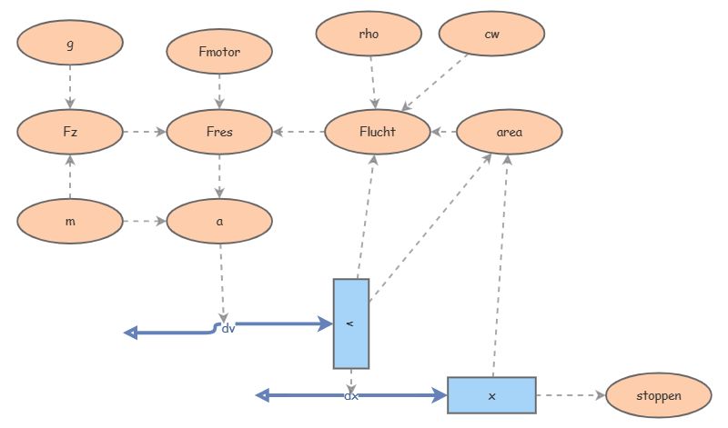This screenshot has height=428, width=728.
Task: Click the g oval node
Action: tap(70, 45)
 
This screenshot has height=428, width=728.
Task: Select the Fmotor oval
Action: tap(219, 52)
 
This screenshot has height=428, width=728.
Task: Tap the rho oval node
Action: tap(369, 34)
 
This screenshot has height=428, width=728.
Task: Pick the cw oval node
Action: tap(491, 34)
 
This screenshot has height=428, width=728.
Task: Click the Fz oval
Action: tap(70, 132)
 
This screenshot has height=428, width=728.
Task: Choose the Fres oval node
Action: tap(219, 132)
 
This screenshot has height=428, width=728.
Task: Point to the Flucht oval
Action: tap(377, 132)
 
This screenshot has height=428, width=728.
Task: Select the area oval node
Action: tap(509, 132)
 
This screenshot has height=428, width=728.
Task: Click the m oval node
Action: tap(70, 221)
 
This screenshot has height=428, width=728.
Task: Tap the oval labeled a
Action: tap(219, 221)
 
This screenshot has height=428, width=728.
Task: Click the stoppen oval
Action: tap(658, 395)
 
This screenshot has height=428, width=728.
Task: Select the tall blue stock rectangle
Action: tap(351, 323)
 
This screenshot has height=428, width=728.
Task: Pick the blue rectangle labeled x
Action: tap(491, 395)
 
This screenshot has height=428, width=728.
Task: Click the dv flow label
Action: tap(228, 328)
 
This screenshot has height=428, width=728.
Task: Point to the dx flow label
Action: tap(351, 396)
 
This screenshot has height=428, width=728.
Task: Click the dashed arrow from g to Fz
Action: tap(70, 88)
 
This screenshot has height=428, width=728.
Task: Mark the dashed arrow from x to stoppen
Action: tap(571, 395)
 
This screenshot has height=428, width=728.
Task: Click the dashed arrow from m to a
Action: tap(144, 221)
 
